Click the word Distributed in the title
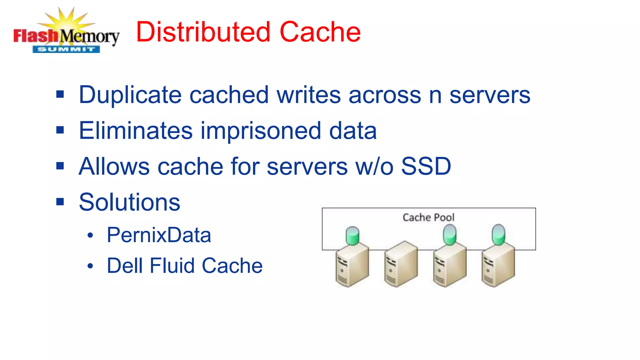[x=203, y=32]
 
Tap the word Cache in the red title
[x=320, y=32]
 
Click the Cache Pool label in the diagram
[x=428, y=217]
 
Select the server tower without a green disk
[x=401, y=264]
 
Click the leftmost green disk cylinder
[x=352, y=236]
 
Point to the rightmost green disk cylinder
[x=498, y=235]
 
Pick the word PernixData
[x=159, y=235]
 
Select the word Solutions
[x=129, y=202]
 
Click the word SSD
[x=426, y=166]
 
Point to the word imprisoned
[x=261, y=131]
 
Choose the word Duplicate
[x=130, y=95]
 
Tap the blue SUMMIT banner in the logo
[x=66, y=49]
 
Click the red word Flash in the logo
[x=35, y=36]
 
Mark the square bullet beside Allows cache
[x=60, y=166]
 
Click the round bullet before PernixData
[x=90, y=236]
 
